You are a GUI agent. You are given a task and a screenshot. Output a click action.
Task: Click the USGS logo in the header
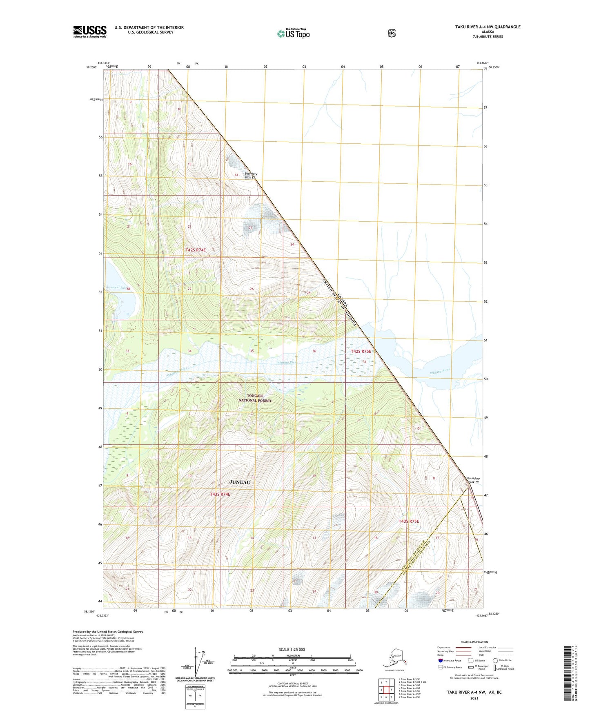(90, 31)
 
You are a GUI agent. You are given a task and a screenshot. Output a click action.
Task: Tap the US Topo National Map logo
(294, 33)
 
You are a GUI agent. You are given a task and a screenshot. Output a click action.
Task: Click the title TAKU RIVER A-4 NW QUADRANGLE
(488, 27)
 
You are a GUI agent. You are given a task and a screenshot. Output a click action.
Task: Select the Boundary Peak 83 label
(250, 176)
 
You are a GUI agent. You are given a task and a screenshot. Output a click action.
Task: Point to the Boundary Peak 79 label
(473, 480)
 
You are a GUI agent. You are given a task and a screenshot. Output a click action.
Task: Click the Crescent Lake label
(116, 287)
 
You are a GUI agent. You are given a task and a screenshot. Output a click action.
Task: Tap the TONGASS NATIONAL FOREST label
(255, 398)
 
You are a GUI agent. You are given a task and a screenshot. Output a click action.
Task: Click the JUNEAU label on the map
(240, 482)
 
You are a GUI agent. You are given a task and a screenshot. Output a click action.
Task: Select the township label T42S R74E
(198, 250)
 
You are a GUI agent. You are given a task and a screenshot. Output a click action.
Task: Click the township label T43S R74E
(220, 495)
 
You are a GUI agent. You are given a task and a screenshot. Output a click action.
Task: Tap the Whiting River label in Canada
(440, 372)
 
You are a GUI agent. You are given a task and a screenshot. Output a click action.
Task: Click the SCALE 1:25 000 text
(292, 650)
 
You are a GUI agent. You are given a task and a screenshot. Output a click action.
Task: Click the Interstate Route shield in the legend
(440, 660)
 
